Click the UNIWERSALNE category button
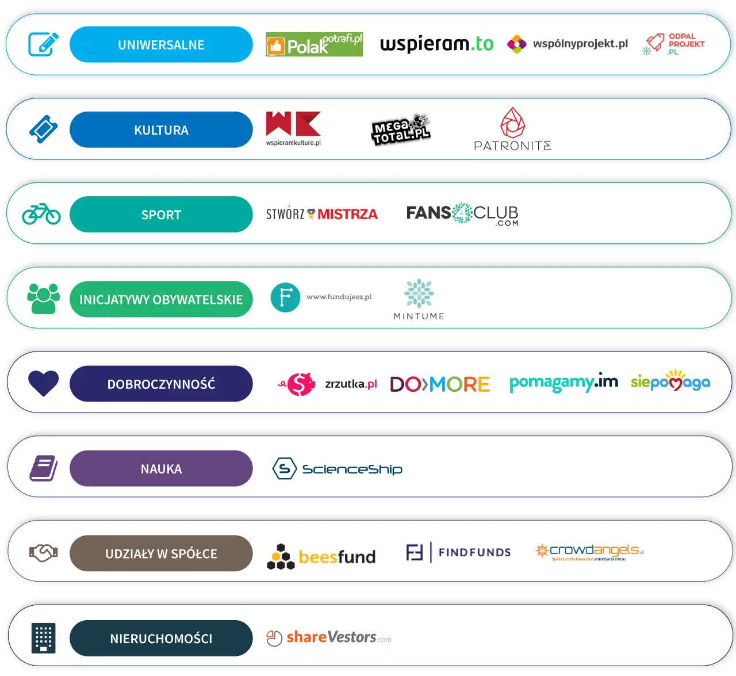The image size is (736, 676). tap(161, 44)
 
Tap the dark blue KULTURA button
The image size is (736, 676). tap(161, 129)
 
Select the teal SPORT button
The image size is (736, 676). tap(161, 215)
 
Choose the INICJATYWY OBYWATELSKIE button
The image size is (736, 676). tap(161, 299)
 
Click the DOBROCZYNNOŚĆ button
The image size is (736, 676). tap(161, 384)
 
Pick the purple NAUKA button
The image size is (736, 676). tap(161, 468)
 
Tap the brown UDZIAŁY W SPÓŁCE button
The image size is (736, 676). tap(161, 553)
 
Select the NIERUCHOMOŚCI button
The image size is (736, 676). tap(161, 638)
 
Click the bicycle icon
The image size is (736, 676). tap(41, 214)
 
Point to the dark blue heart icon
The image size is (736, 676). tap(44, 383)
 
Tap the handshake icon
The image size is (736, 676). tap(44, 553)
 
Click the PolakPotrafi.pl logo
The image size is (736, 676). tap(314, 44)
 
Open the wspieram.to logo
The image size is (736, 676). tap(436, 44)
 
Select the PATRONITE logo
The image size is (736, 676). tap(512, 130)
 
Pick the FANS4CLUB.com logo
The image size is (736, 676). tap(462, 214)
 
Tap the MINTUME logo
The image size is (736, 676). tap(419, 299)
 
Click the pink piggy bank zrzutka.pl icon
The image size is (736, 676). tap(301, 384)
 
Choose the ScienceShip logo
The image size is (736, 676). tap(338, 469)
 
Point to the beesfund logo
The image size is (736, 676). tap(321, 556)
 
